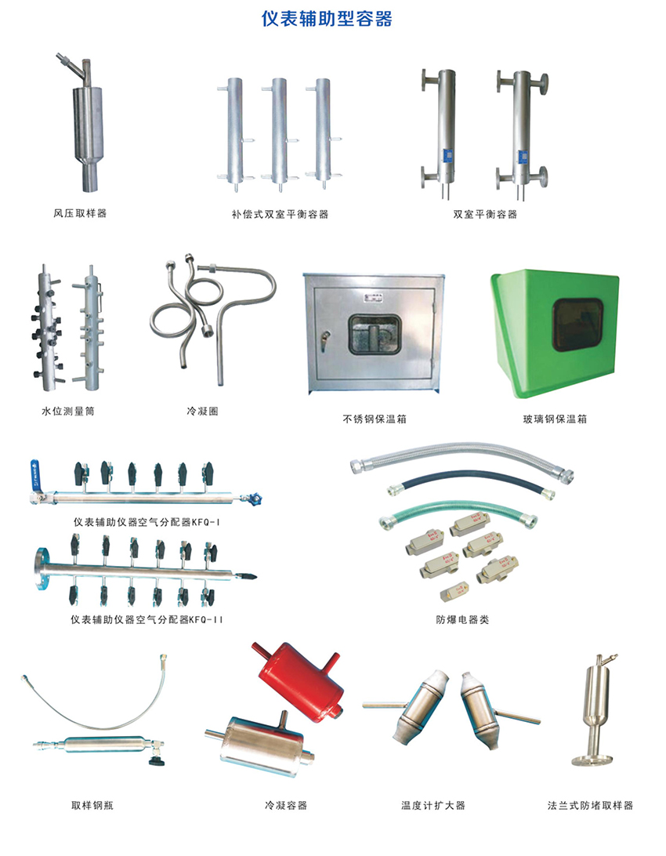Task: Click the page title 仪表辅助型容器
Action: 327,19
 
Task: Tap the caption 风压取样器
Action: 80,213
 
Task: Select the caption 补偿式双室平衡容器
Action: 280,215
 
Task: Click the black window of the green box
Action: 577,325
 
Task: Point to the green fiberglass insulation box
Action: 554,333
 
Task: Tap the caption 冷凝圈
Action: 202,411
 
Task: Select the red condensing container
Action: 298,680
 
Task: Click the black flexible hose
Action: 471,481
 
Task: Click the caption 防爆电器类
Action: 462,619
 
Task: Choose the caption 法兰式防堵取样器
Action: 590,805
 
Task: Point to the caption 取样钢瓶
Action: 92,805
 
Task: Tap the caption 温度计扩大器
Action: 433,805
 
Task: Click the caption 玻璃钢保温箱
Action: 555,419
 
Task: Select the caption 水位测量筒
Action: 68,411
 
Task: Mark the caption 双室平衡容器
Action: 485,215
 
